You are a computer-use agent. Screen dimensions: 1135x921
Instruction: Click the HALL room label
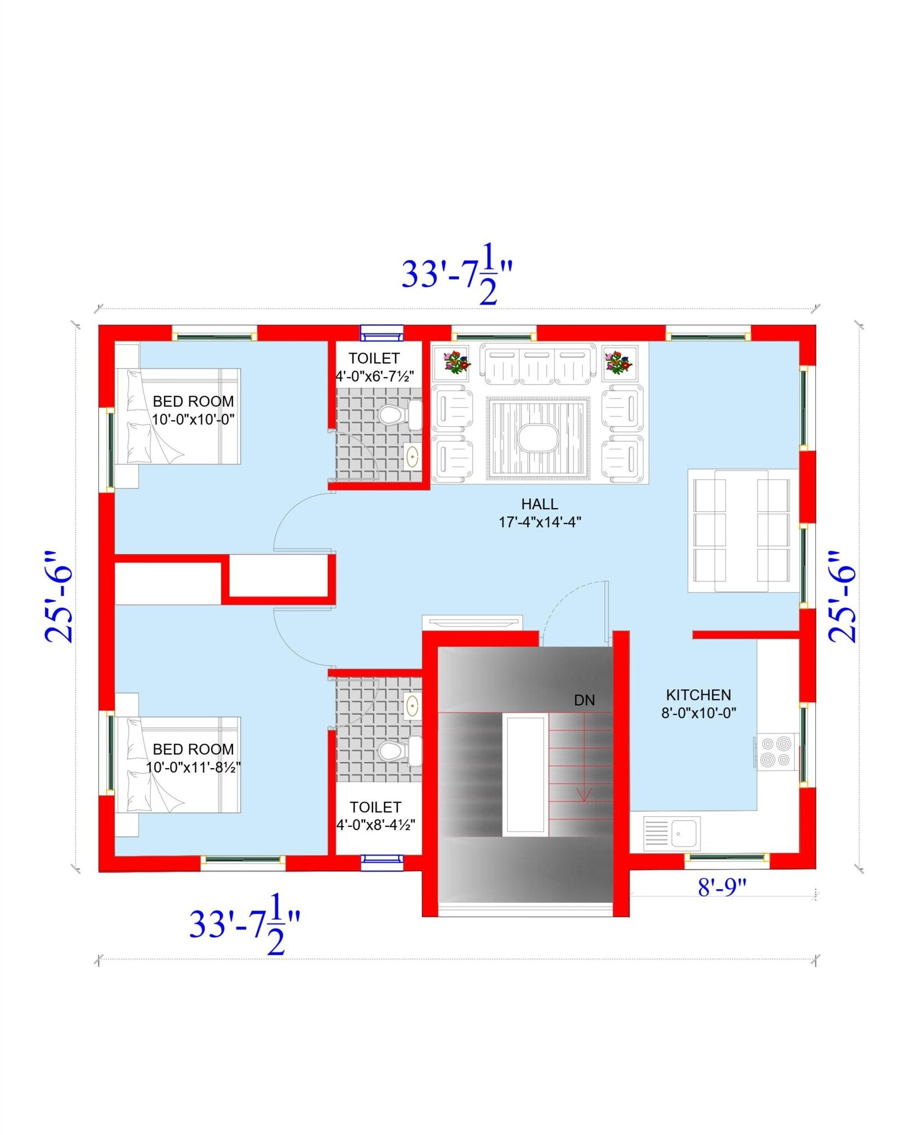[x=539, y=503]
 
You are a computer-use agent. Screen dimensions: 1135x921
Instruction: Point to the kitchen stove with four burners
[x=776, y=751]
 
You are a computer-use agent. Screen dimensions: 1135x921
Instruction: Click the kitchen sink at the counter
[x=685, y=833]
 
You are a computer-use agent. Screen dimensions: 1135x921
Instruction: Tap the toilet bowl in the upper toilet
[x=390, y=414]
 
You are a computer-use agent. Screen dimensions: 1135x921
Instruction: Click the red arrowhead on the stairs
[x=584, y=793]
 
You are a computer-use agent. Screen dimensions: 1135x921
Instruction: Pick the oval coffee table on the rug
[x=538, y=437]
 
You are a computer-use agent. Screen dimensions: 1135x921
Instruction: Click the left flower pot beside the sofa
[x=450, y=362]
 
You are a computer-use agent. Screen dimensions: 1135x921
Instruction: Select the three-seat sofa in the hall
[x=537, y=364]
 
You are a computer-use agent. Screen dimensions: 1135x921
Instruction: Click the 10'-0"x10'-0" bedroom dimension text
[x=193, y=419]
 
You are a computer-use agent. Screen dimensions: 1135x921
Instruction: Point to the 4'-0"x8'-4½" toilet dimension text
[x=375, y=825]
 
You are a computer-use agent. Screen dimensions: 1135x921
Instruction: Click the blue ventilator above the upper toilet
[x=381, y=332]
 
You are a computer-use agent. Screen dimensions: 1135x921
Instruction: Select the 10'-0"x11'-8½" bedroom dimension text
[x=193, y=767]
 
